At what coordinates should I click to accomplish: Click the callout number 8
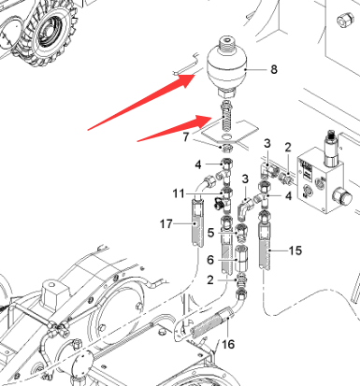[x=274, y=69]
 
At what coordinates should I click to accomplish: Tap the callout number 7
[x=186, y=136]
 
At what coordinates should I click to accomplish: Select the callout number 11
[x=179, y=193]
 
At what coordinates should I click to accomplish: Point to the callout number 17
[x=166, y=223]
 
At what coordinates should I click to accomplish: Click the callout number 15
[x=295, y=250]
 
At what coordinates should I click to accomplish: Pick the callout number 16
[x=228, y=344]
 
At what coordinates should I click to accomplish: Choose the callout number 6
[x=210, y=260]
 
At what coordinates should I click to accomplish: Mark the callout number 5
[x=210, y=233]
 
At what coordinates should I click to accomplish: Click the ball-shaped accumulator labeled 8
[x=227, y=67]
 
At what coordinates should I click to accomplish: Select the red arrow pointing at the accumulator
[x=141, y=102]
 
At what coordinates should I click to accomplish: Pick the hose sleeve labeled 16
[x=211, y=322]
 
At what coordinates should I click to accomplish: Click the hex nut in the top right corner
[x=345, y=20]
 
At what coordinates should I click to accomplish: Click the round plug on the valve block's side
[x=342, y=197]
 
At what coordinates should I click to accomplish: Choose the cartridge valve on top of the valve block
[x=332, y=149]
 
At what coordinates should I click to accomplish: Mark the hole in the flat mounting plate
[x=227, y=136]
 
